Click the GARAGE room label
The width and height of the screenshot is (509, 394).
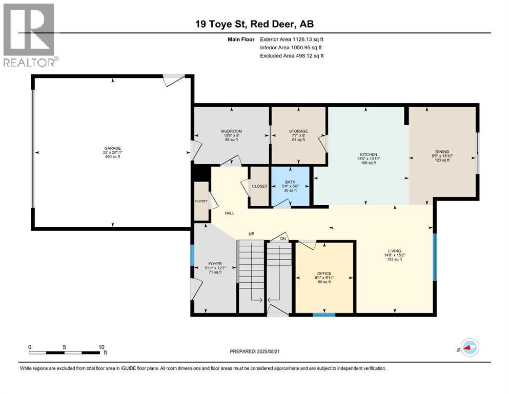pyautogui.click(x=113, y=148)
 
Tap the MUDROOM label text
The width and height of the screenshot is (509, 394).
pyautogui.click(x=231, y=131)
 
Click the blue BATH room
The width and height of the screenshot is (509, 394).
pyautogui.click(x=291, y=186)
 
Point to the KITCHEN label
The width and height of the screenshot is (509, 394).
pyautogui.click(x=369, y=154)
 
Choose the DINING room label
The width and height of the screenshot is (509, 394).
pyautogui.click(x=442, y=152)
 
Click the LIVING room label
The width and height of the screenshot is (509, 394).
pyautogui.click(x=394, y=251)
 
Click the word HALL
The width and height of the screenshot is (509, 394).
pyautogui.click(x=229, y=213)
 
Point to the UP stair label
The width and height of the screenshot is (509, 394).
pyautogui.click(x=252, y=234)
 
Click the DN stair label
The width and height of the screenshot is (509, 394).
pyautogui.click(x=282, y=239)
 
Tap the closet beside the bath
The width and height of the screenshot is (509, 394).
pyautogui.click(x=259, y=186)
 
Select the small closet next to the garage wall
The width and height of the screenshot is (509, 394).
pyautogui.click(x=201, y=202)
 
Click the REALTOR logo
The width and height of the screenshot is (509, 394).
pyautogui.click(x=29, y=35)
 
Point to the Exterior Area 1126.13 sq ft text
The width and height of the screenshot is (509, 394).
pyautogui.click(x=292, y=39)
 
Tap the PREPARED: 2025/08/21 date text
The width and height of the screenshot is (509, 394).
pyautogui.click(x=255, y=351)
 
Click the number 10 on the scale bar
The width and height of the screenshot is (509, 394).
pyautogui.click(x=101, y=347)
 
